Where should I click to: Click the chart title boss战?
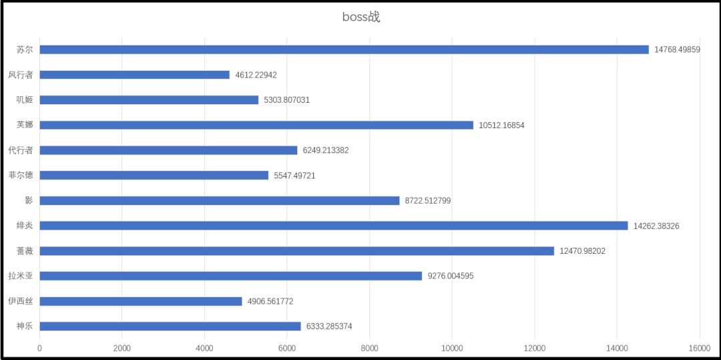click(x=361, y=17)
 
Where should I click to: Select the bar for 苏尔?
click(x=344, y=49)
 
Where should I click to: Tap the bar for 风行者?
click(x=134, y=75)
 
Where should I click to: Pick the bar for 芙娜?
click(x=256, y=125)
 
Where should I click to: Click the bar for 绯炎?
click(x=334, y=226)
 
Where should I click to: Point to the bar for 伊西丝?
click(x=141, y=301)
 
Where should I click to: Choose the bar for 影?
click(x=220, y=200)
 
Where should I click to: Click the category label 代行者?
click(x=21, y=150)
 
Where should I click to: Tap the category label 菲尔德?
click(x=21, y=175)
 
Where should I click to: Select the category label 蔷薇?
click(x=25, y=251)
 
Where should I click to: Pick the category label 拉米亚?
click(x=21, y=276)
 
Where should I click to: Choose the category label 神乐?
click(x=25, y=327)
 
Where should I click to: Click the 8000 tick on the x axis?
click(x=369, y=348)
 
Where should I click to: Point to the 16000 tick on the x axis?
click(x=699, y=348)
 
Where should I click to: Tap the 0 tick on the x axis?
click(x=39, y=348)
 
